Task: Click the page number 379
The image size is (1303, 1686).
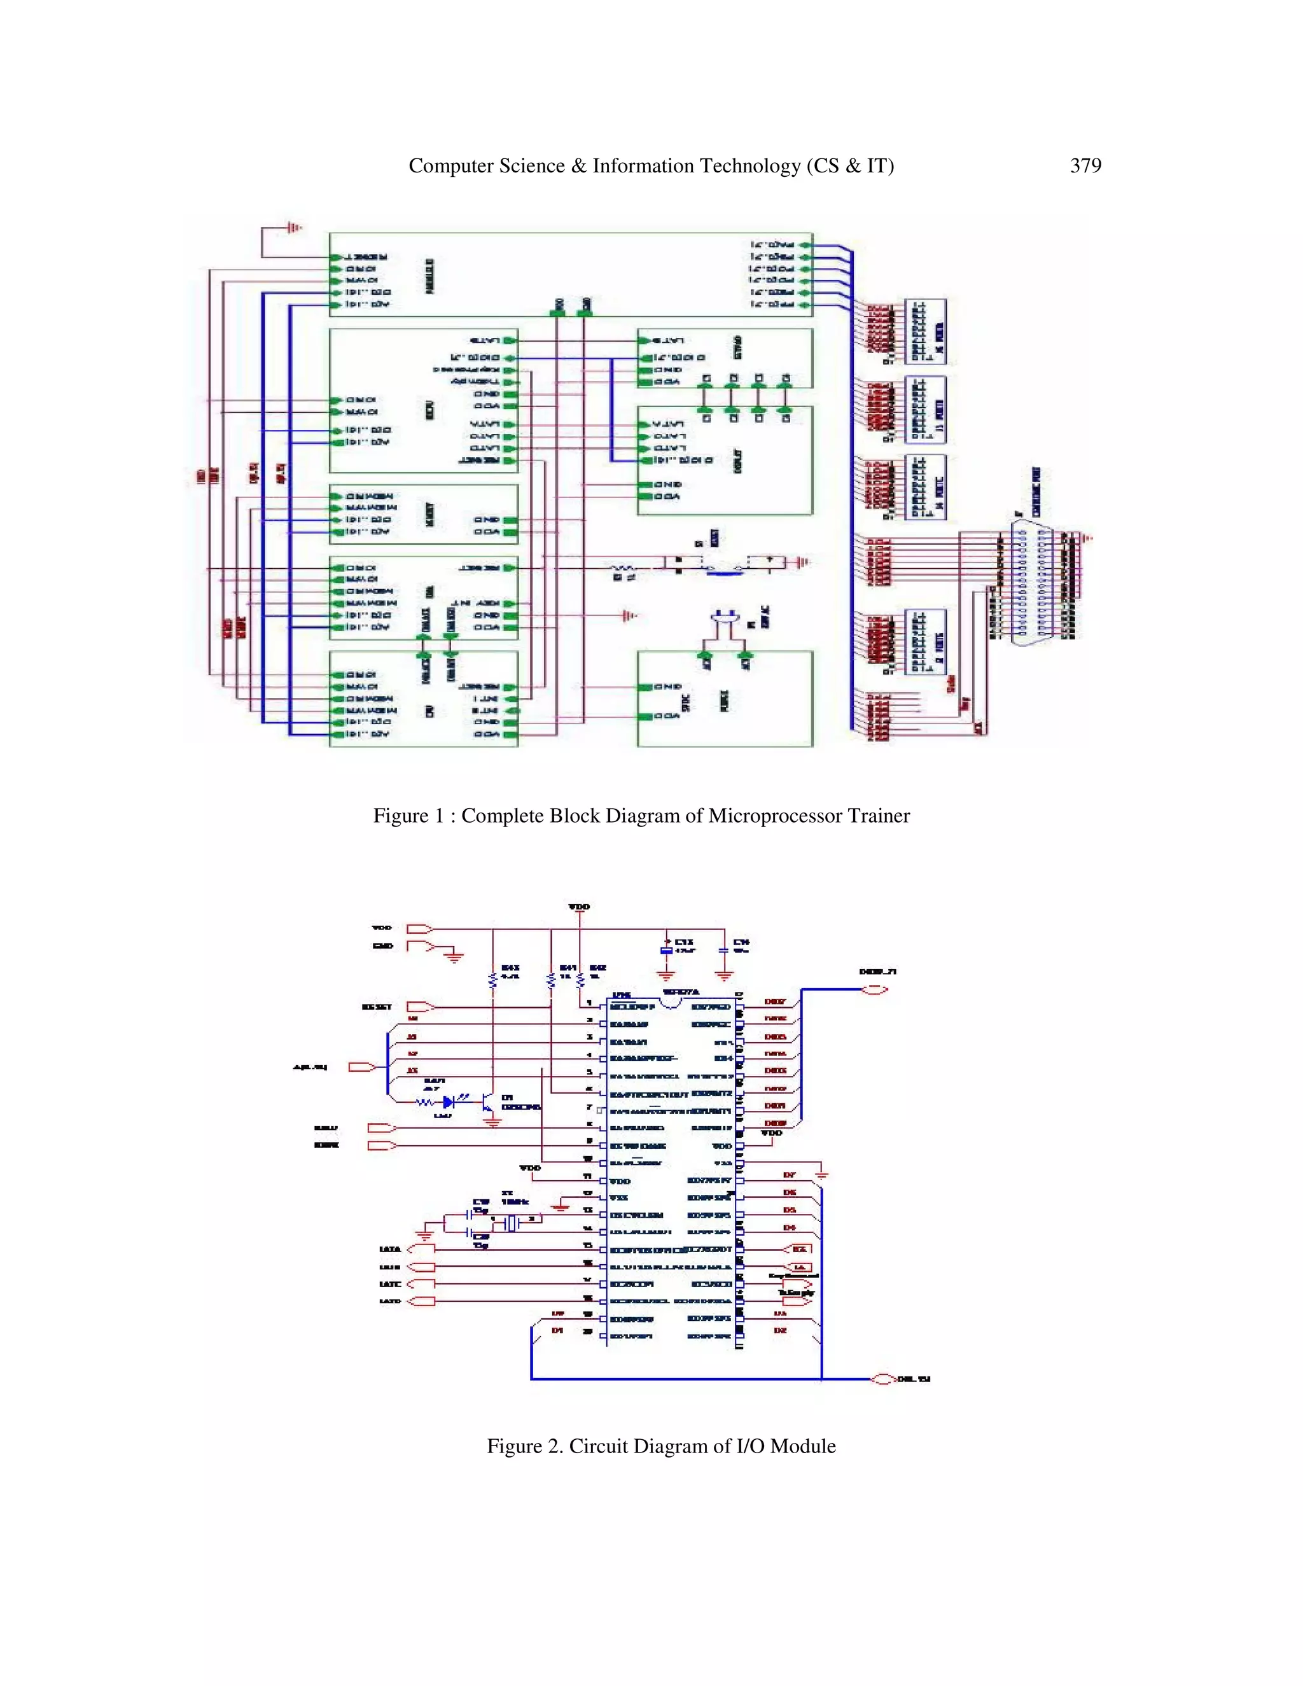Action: [x=1085, y=166]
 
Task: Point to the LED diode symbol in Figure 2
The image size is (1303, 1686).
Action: [x=449, y=1103]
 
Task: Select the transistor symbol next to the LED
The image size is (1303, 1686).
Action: [x=488, y=1104]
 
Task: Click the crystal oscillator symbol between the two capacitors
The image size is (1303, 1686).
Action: [x=510, y=1223]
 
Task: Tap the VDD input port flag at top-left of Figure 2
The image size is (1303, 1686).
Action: [x=419, y=929]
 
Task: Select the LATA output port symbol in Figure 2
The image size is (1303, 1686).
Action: [x=421, y=1248]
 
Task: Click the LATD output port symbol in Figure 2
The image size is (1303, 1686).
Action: [x=421, y=1302]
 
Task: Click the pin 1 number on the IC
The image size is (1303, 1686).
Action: [x=590, y=1003]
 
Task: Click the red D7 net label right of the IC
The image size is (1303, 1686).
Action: [x=789, y=1175]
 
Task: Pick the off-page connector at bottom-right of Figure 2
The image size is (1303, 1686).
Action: [x=883, y=1379]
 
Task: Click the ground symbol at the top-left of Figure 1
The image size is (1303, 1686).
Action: [x=293, y=228]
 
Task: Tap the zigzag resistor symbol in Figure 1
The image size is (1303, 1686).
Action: [x=624, y=568]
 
